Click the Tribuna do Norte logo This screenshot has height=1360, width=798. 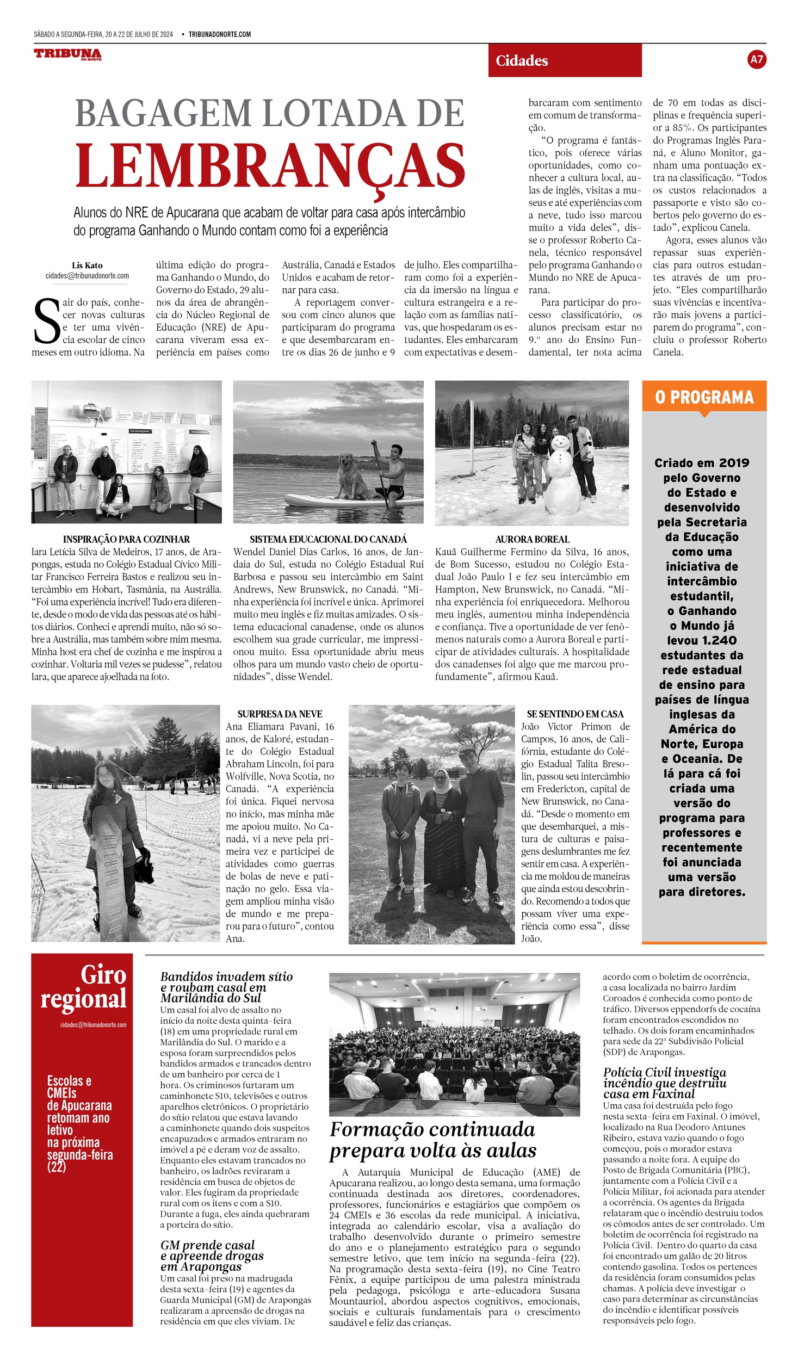(x=67, y=54)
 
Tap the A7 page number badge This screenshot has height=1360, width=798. (x=757, y=59)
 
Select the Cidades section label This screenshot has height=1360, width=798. (x=522, y=60)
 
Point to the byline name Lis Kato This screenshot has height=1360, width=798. (x=87, y=265)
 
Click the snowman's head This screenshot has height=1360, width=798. (x=560, y=442)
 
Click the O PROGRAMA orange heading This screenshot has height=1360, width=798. (x=704, y=397)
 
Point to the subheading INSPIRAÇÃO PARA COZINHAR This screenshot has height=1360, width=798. (x=126, y=539)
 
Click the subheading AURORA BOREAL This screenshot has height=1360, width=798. (x=532, y=539)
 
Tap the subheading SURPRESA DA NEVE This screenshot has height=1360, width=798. (x=280, y=714)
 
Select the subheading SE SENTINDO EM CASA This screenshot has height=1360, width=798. (x=575, y=714)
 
